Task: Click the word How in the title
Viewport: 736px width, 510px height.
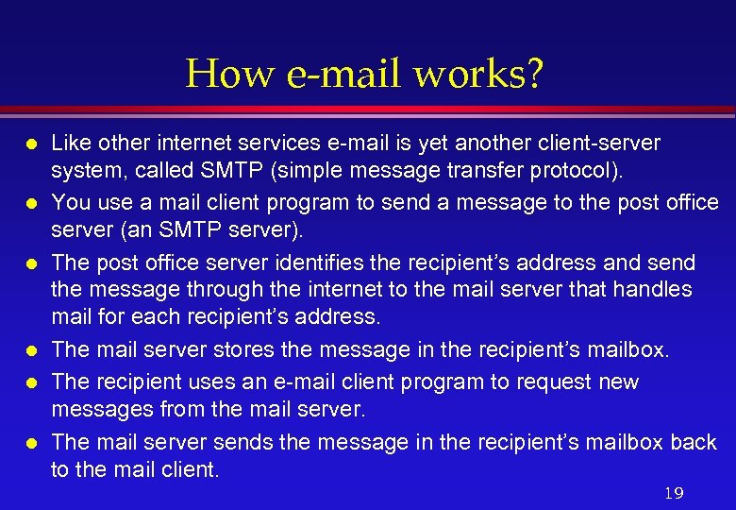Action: pyautogui.click(x=220, y=74)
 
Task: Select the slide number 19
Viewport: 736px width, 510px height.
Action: pyautogui.click(x=673, y=493)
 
